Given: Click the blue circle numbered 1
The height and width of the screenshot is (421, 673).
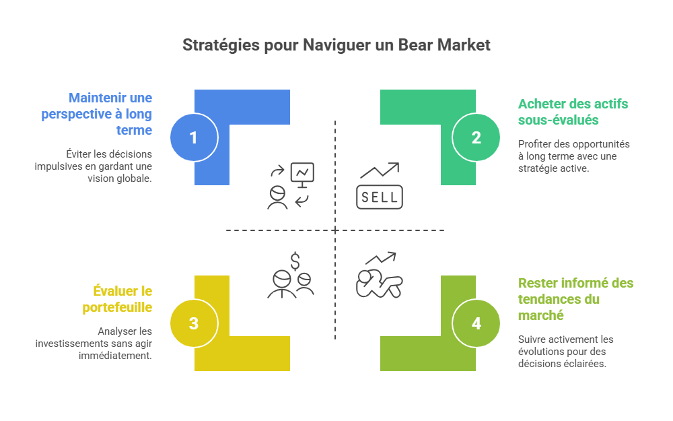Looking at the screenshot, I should tap(194, 138).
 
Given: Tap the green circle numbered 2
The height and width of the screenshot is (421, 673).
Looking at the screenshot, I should tap(476, 138).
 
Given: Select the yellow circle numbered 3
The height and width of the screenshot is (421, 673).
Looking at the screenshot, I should tap(194, 323).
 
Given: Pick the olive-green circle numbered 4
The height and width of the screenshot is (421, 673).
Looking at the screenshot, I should tap(476, 323).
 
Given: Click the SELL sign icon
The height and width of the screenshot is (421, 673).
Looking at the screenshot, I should tap(379, 197).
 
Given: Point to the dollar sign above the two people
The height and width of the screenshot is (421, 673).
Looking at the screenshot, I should tap(295, 261).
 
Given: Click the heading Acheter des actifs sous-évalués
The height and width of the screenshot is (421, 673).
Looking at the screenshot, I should tap(573, 112).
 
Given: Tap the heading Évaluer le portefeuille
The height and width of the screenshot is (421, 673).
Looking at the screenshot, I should tap(122, 299).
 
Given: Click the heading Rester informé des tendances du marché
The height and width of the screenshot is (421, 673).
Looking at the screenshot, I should tap(575, 299).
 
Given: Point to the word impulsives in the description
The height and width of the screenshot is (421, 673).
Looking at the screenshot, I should tap(58, 166).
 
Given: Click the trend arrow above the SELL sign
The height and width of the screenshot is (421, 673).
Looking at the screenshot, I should tap(379, 171).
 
